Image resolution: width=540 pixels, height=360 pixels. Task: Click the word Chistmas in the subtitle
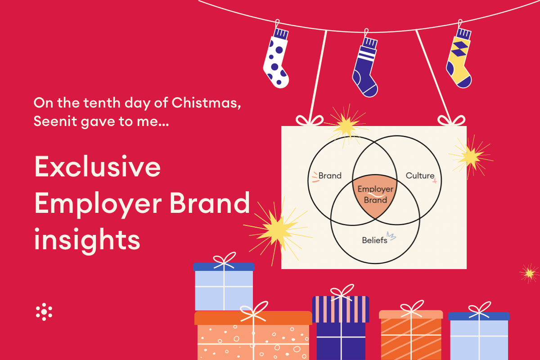click(206, 103)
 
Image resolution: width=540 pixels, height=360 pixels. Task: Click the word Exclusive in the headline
click(97, 166)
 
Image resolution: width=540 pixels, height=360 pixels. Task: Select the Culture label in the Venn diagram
click(420, 175)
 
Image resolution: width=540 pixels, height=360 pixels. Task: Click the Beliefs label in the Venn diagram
click(374, 240)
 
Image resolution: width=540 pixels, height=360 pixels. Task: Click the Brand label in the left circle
click(330, 175)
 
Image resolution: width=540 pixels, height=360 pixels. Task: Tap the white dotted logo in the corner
click(44, 312)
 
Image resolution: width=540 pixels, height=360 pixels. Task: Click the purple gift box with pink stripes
click(341, 328)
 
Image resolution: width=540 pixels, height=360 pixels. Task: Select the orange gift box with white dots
click(253, 336)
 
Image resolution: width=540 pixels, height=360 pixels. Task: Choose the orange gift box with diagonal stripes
click(411, 335)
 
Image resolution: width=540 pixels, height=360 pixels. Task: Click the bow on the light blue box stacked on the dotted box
click(224, 261)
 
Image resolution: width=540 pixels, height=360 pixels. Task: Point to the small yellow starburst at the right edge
click(530, 273)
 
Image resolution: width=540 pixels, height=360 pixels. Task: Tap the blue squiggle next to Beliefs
click(391, 236)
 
